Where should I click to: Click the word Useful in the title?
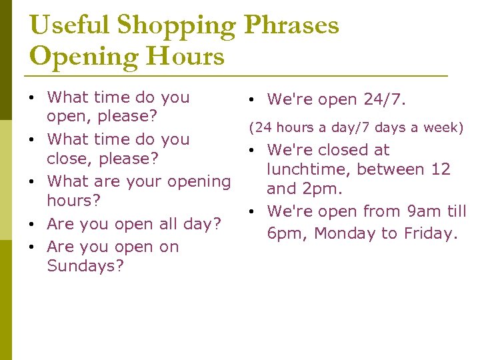pos(70,25)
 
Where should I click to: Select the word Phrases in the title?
pos(291,25)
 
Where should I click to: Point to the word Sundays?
pos(85,266)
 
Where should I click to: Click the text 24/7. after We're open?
pos(385,100)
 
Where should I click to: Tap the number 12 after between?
pos(441,169)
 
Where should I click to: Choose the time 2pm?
pos(323,189)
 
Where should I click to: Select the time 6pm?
pos(287,233)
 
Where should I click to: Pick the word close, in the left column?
pos(70,159)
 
